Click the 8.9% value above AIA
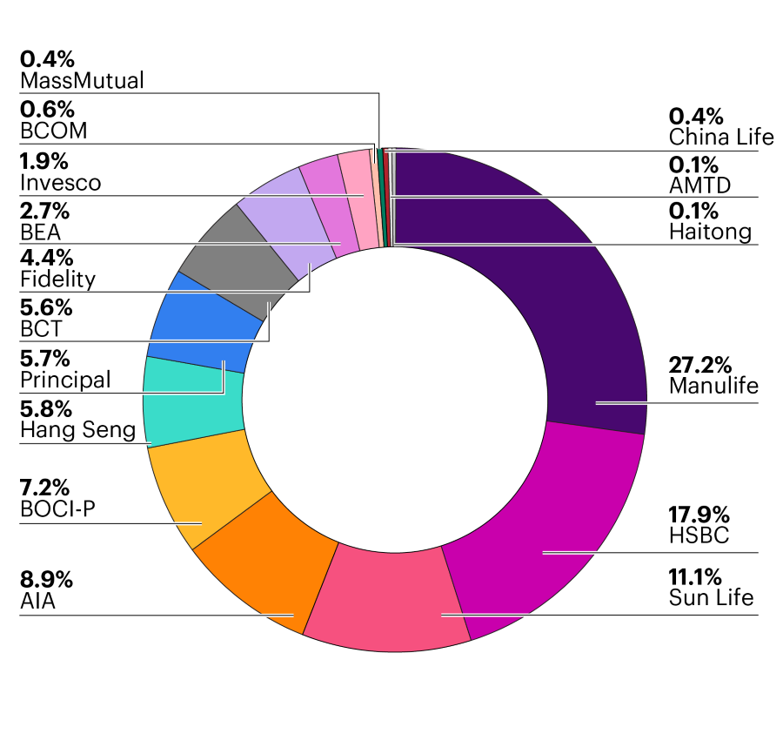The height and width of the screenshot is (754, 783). [46, 580]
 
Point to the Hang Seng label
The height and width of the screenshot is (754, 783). [77, 429]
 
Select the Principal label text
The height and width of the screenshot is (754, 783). [65, 380]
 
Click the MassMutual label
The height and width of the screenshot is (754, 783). [82, 81]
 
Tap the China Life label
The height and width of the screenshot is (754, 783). [721, 137]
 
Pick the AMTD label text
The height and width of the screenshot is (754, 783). [699, 184]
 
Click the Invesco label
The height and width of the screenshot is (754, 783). [60, 183]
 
